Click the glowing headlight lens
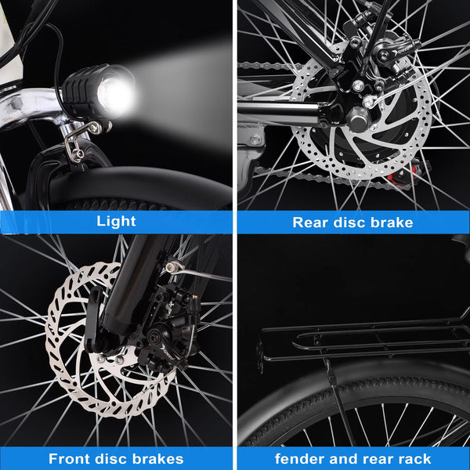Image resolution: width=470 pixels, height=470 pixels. tap(115, 93)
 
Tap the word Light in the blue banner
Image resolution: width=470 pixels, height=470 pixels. tap(116, 222)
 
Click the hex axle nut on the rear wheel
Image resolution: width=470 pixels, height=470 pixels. tap(357, 119)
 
